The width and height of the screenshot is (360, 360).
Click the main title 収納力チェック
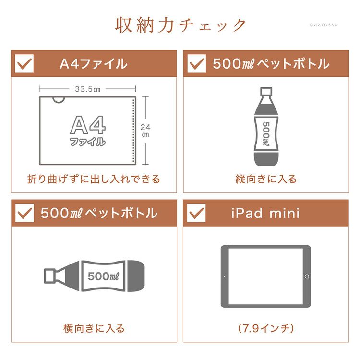coord(180,25)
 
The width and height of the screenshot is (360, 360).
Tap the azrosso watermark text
coord(324,24)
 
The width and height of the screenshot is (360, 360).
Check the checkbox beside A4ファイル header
coord(24,63)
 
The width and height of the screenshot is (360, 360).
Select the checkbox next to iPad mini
coord(196,213)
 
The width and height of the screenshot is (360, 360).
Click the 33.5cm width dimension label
coord(87,89)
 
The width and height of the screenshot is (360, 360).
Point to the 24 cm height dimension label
coord(145,131)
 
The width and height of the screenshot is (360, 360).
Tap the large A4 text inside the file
coord(88,125)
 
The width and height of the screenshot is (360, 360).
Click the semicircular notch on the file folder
coord(59,100)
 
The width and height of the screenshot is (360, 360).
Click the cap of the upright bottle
coord(266,91)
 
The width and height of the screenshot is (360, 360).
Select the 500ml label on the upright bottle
coord(266,134)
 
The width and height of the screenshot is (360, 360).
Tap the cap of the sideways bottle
coord(49,276)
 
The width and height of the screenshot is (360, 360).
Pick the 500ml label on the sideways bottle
coord(103,276)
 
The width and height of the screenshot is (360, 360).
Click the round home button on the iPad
coord(307,276)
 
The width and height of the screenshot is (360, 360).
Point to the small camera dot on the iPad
coord(225,276)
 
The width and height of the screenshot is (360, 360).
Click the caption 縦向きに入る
coord(266,179)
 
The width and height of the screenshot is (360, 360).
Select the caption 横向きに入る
coord(94,328)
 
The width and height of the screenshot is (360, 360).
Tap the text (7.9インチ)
coord(266,328)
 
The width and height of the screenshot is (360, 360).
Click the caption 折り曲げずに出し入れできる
coord(94,179)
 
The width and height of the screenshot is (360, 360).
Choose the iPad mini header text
coord(265,213)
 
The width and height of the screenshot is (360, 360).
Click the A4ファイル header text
coord(94,64)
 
